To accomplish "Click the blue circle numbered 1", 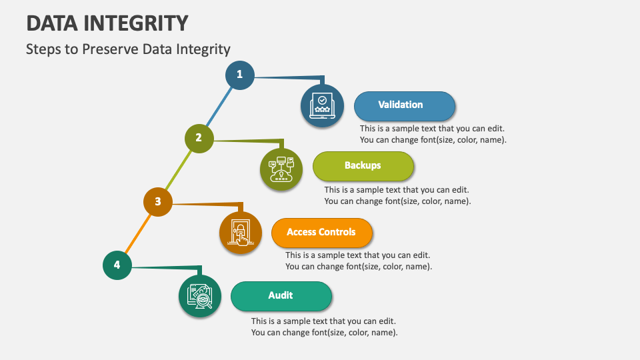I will click(x=239, y=75).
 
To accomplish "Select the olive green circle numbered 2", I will click(x=199, y=138).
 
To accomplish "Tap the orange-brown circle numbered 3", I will click(x=158, y=201).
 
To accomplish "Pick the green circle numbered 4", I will click(x=117, y=265).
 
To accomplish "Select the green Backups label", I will click(x=363, y=166).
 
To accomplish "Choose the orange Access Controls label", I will click(x=321, y=233).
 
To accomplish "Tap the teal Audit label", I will click(x=281, y=296).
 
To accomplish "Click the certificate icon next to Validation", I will click(x=323, y=105).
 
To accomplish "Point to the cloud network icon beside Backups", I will click(x=281, y=169).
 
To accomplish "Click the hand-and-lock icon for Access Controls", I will click(x=241, y=233).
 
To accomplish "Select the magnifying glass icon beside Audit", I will click(x=200, y=296).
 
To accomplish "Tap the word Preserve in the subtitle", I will click(x=115, y=49).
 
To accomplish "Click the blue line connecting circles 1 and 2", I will click(x=219, y=106).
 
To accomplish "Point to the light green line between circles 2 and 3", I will click(x=179, y=169).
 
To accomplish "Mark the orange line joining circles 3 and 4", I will click(x=138, y=233).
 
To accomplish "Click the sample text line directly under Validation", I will click(x=432, y=128).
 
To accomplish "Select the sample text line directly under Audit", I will click(x=323, y=321).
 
